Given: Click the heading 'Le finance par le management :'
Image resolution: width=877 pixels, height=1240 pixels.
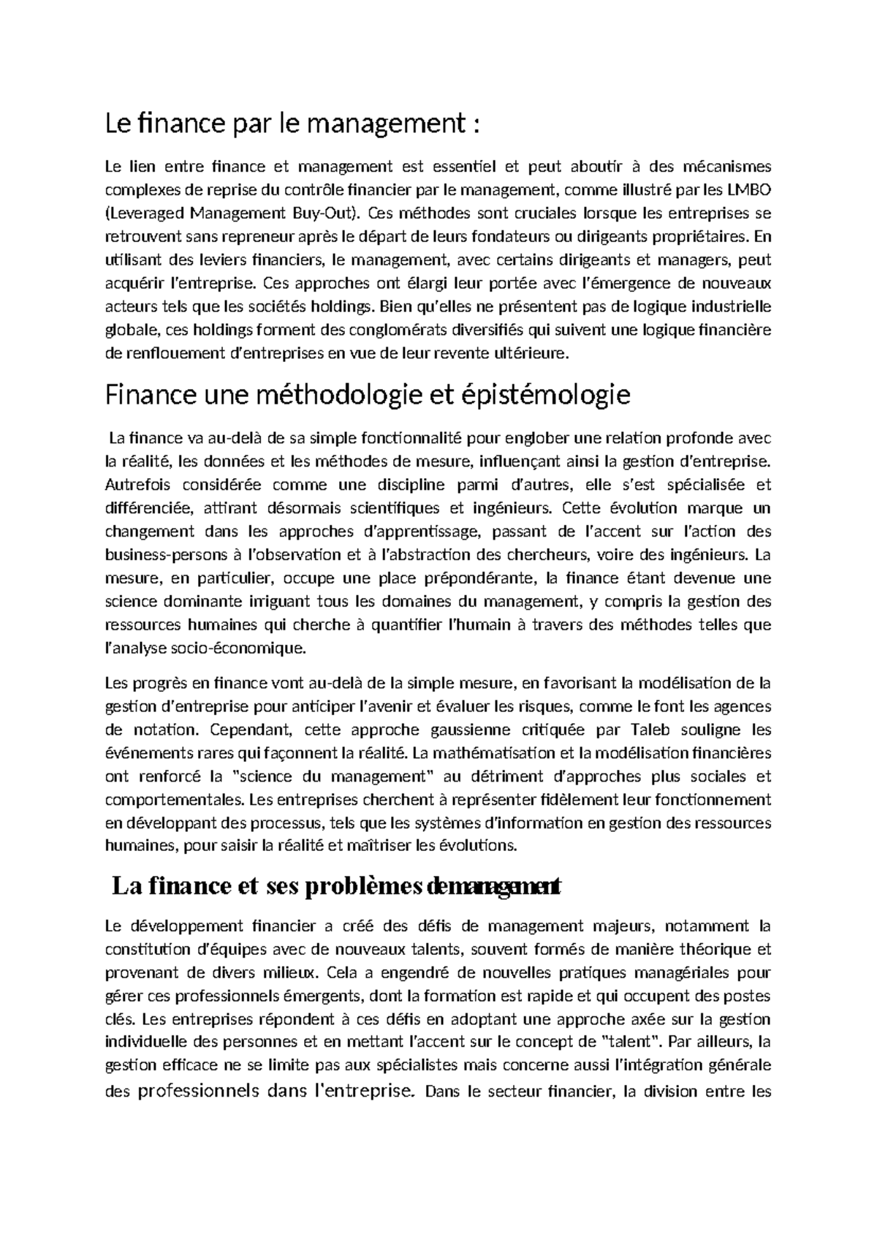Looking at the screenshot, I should (x=294, y=124).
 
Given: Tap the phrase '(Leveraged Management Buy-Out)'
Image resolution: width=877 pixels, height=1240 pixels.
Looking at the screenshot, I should (x=233, y=213).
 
